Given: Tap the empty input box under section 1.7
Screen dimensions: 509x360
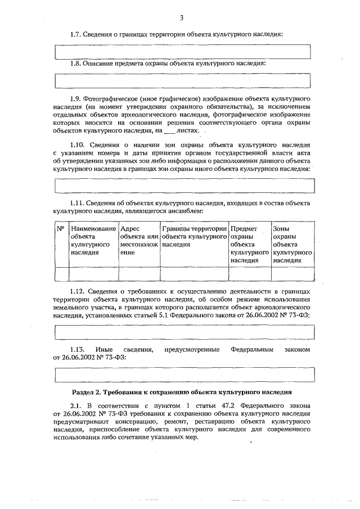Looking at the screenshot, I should coord(183,51).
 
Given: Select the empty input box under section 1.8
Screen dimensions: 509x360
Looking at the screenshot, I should coord(183,81).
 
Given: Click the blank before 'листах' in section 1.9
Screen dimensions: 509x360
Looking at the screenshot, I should coord(168,130).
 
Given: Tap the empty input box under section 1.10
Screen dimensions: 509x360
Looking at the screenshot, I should coord(183,185).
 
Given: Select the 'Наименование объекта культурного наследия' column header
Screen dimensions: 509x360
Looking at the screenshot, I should coord(93,241).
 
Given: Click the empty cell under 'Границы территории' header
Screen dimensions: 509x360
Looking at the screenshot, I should coord(194,274).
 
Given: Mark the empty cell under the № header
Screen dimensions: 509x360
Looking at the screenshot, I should coord(60,274).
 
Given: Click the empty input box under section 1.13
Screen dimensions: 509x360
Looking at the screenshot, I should coord(183,373).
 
